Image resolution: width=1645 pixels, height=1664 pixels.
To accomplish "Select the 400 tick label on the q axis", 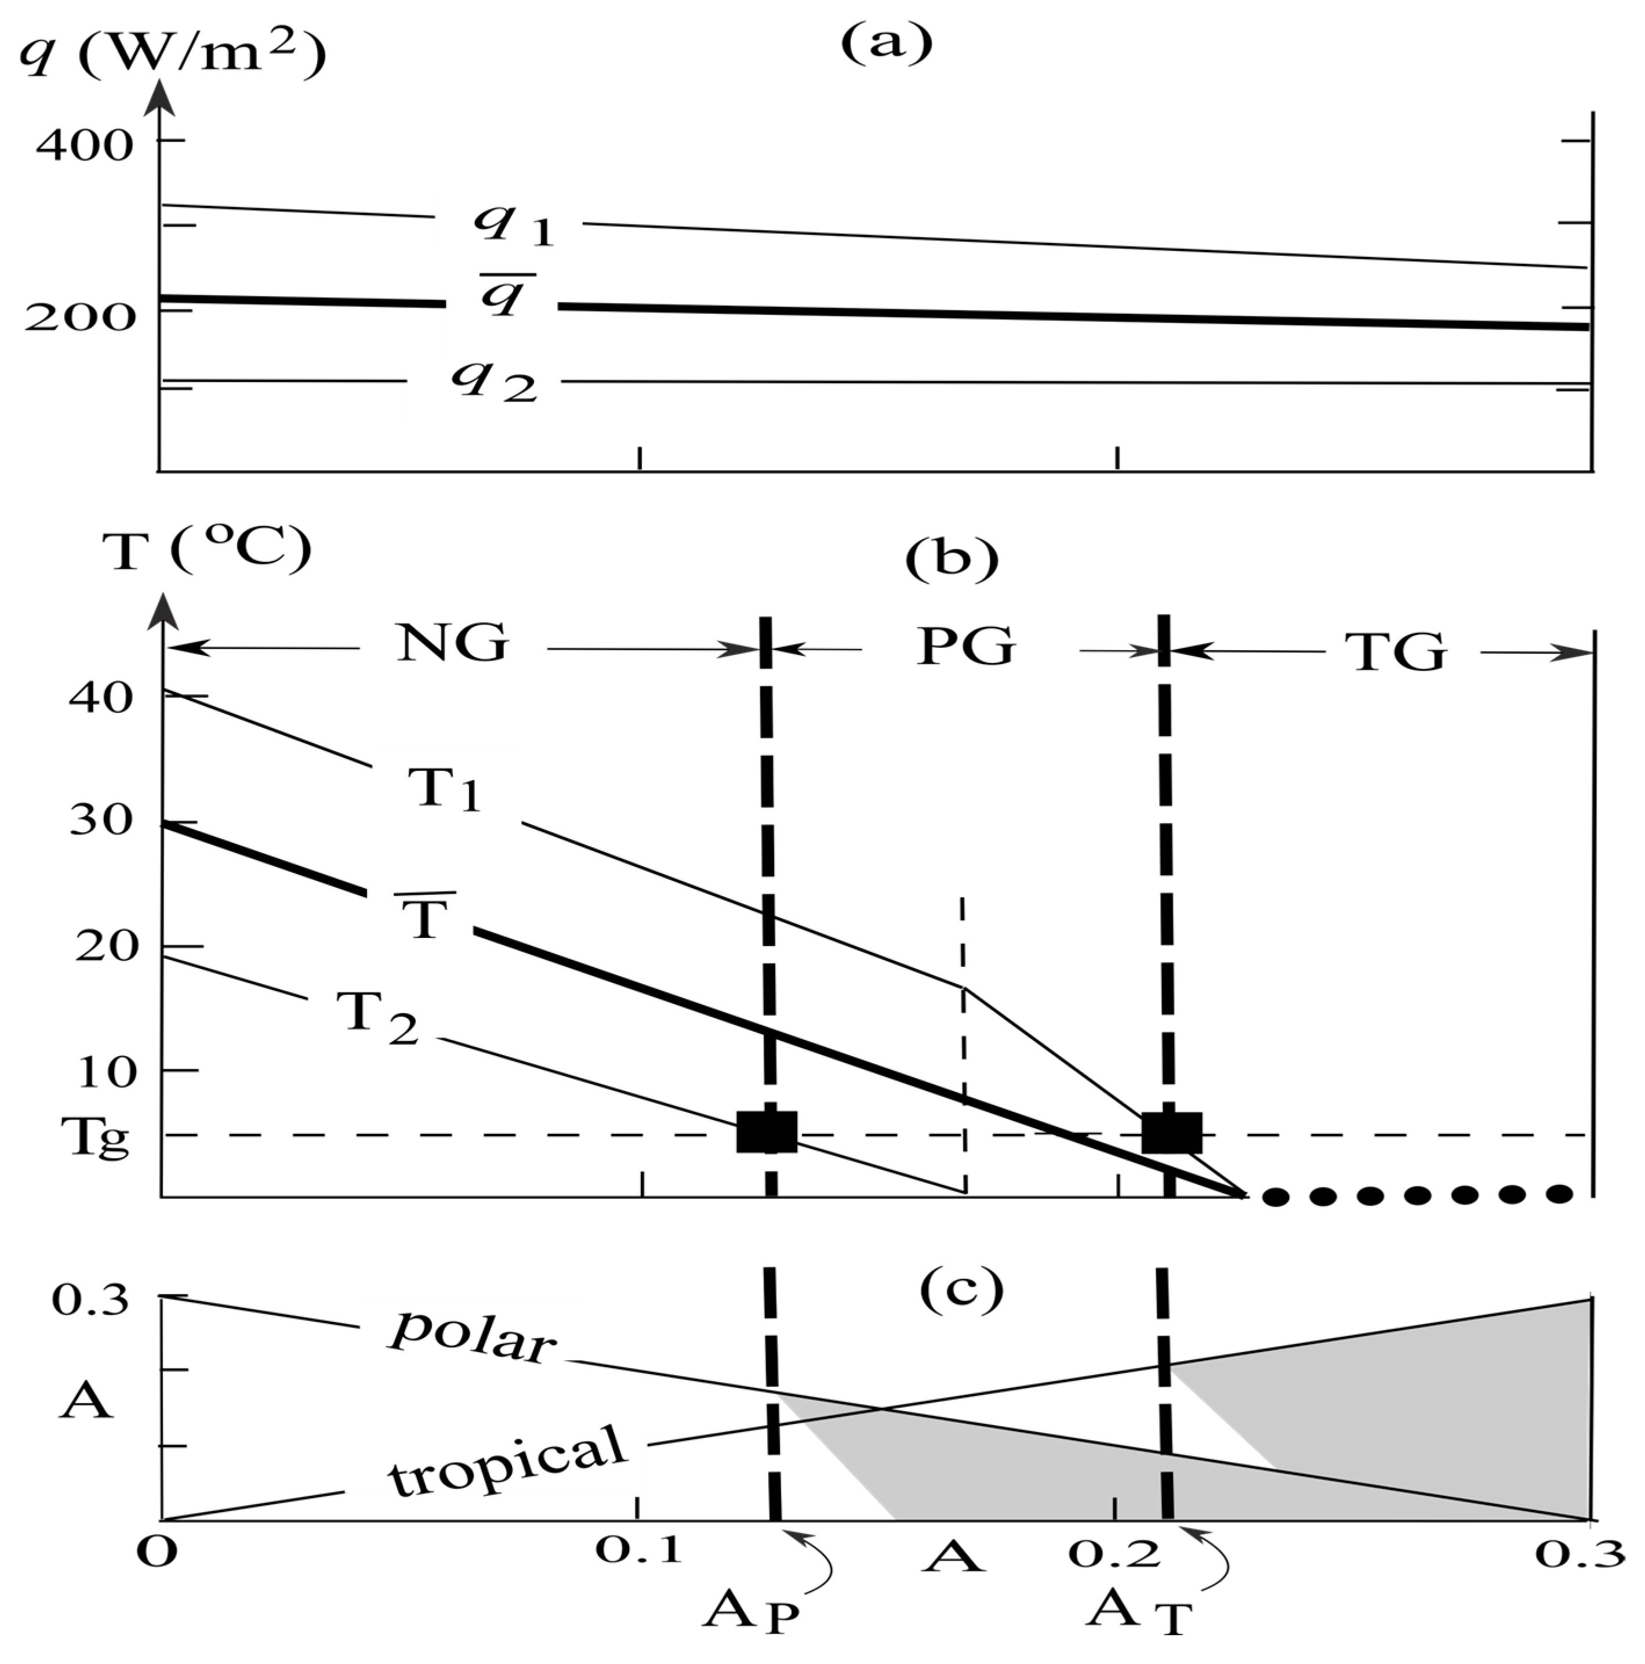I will point(85,144).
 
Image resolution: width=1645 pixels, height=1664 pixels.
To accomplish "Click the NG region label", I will point(453,644).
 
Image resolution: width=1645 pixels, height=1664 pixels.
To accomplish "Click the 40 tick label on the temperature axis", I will point(101,698).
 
